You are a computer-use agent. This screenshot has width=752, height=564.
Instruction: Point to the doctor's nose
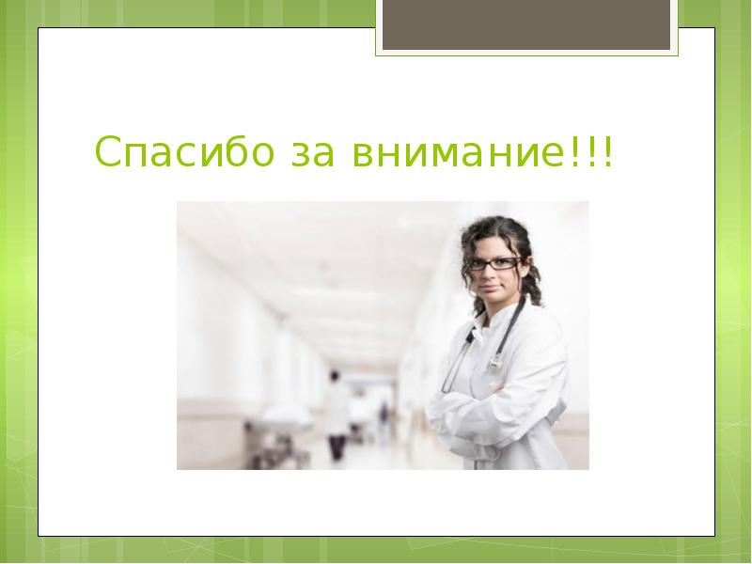pos(492,275)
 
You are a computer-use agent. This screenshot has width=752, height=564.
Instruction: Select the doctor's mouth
pos(492,289)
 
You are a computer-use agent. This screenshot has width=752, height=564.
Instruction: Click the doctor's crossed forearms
pos(489,414)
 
